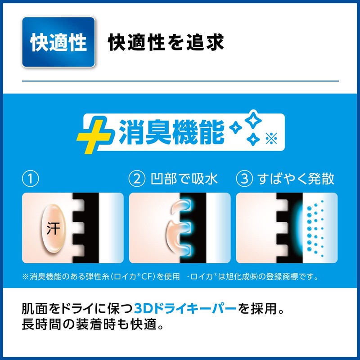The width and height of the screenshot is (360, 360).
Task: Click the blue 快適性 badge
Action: point(58,42)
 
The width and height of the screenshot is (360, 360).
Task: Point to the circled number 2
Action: point(136,179)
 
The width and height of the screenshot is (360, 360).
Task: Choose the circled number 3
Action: point(243,179)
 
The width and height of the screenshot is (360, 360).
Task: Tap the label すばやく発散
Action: point(296,179)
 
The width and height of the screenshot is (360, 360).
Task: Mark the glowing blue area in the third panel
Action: point(297,228)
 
